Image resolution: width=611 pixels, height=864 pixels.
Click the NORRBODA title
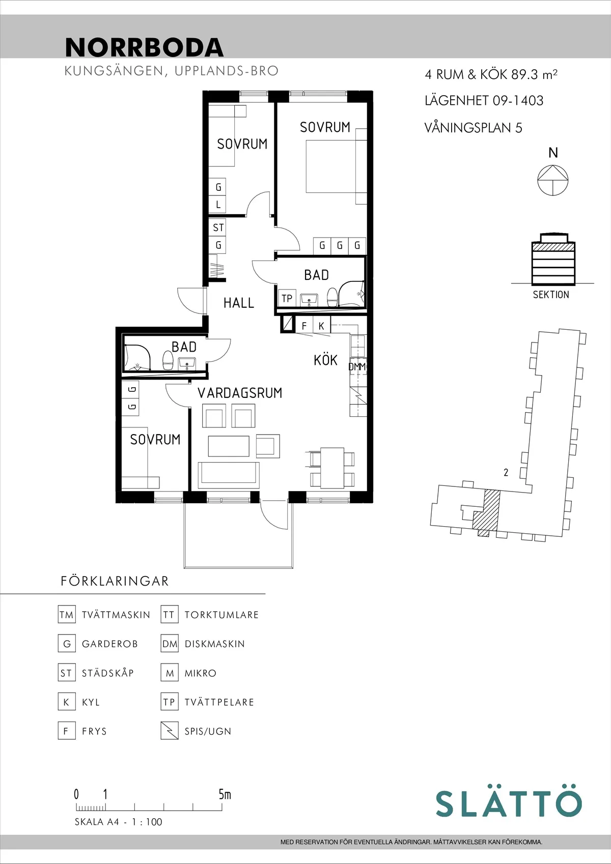tap(144, 47)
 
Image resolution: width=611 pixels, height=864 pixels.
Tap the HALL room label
tap(238, 303)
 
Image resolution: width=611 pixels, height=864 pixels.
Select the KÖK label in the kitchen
tap(325, 360)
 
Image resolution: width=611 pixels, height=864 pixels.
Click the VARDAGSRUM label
tap(240, 393)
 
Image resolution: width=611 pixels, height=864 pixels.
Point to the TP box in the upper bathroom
tap(287, 298)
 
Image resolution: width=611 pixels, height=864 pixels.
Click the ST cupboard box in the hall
tap(218, 227)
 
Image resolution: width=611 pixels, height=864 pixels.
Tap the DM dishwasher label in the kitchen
tap(356, 366)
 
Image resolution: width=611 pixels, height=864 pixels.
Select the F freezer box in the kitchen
tap(304, 326)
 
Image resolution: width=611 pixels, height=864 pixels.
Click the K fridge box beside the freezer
tap(321, 326)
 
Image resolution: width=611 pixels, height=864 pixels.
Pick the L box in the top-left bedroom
tap(218, 205)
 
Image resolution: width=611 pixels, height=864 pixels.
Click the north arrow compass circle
tap(553, 180)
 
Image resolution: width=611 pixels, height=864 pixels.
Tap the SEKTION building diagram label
tap(551, 295)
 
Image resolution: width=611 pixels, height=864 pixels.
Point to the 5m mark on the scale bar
tap(224, 794)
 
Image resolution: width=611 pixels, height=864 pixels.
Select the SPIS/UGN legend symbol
tap(170, 731)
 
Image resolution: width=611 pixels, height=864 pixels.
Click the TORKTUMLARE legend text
tap(221, 615)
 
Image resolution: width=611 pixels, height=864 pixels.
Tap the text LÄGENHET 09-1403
tap(484, 101)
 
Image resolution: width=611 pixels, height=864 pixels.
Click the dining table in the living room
tap(332, 467)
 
